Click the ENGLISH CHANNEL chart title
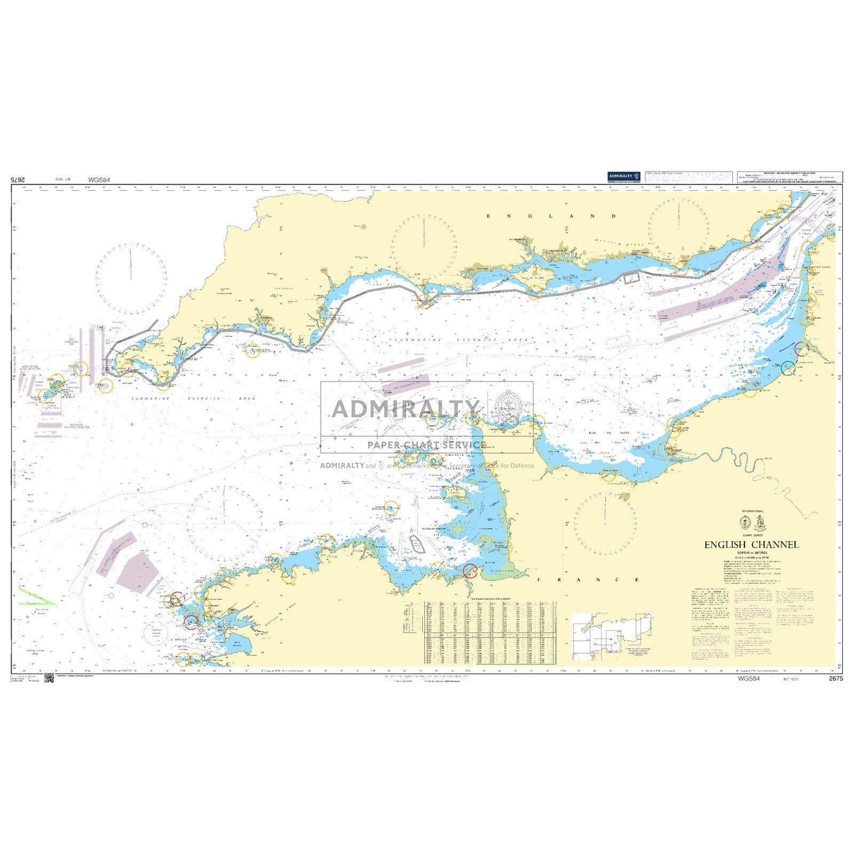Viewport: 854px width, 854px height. pos(752,544)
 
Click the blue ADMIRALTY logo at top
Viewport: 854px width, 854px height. pos(625,177)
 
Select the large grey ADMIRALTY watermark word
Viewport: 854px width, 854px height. pos(405,408)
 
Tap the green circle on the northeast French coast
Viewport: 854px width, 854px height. pos(788,367)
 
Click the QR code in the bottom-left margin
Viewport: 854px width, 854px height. pos(49,678)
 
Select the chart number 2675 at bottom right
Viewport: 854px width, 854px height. pos(836,678)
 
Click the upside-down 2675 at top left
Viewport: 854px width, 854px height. pos(19,180)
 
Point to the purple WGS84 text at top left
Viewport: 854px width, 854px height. pos(99,180)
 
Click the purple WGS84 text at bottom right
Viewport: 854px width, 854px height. pos(748,678)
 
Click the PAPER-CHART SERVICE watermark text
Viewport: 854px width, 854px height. pos(426,445)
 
